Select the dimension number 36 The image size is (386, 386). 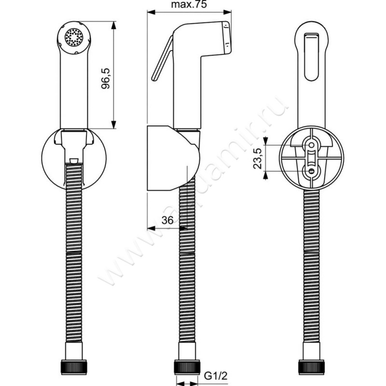coord(166,220)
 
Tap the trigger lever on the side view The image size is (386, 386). coord(162,58)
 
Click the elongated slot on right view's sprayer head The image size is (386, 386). coord(312,57)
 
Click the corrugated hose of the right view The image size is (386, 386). coord(311,270)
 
